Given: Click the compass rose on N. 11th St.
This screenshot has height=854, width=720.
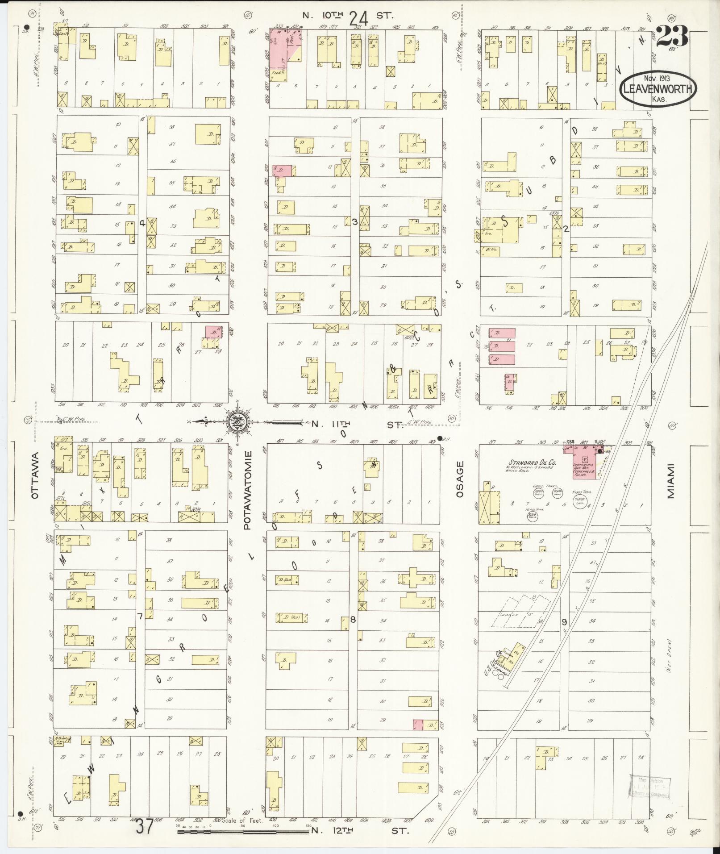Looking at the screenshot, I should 237,421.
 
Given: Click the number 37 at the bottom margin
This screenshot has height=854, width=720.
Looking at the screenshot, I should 146,826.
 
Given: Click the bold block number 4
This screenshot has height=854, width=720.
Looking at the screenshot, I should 142,223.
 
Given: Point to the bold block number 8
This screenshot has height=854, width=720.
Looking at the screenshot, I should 353,619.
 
